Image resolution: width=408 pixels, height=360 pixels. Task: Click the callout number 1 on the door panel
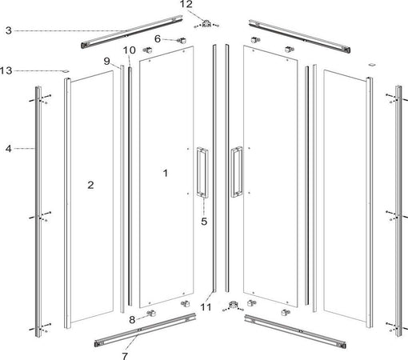click(166, 172)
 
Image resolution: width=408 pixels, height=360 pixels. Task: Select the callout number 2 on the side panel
click(90, 185)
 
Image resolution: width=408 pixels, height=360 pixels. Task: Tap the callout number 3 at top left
click(7, 30)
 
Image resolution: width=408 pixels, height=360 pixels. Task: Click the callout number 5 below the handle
click(204, 222)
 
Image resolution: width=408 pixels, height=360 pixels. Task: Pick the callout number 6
click(158, 38)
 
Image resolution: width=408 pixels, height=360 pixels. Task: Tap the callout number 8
click(134, 320)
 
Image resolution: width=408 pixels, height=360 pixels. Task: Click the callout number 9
click(106, 62)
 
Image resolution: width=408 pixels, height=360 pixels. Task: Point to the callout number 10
click(128, 51)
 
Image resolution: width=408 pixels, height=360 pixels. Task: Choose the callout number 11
click(206, 306)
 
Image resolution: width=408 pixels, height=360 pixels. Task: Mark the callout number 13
click(7, 70)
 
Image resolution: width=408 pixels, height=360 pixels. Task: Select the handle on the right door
click(236, 171)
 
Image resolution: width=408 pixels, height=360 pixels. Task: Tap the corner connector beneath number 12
click(208, 22)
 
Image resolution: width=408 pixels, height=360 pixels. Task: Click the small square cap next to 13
click(66, 70)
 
